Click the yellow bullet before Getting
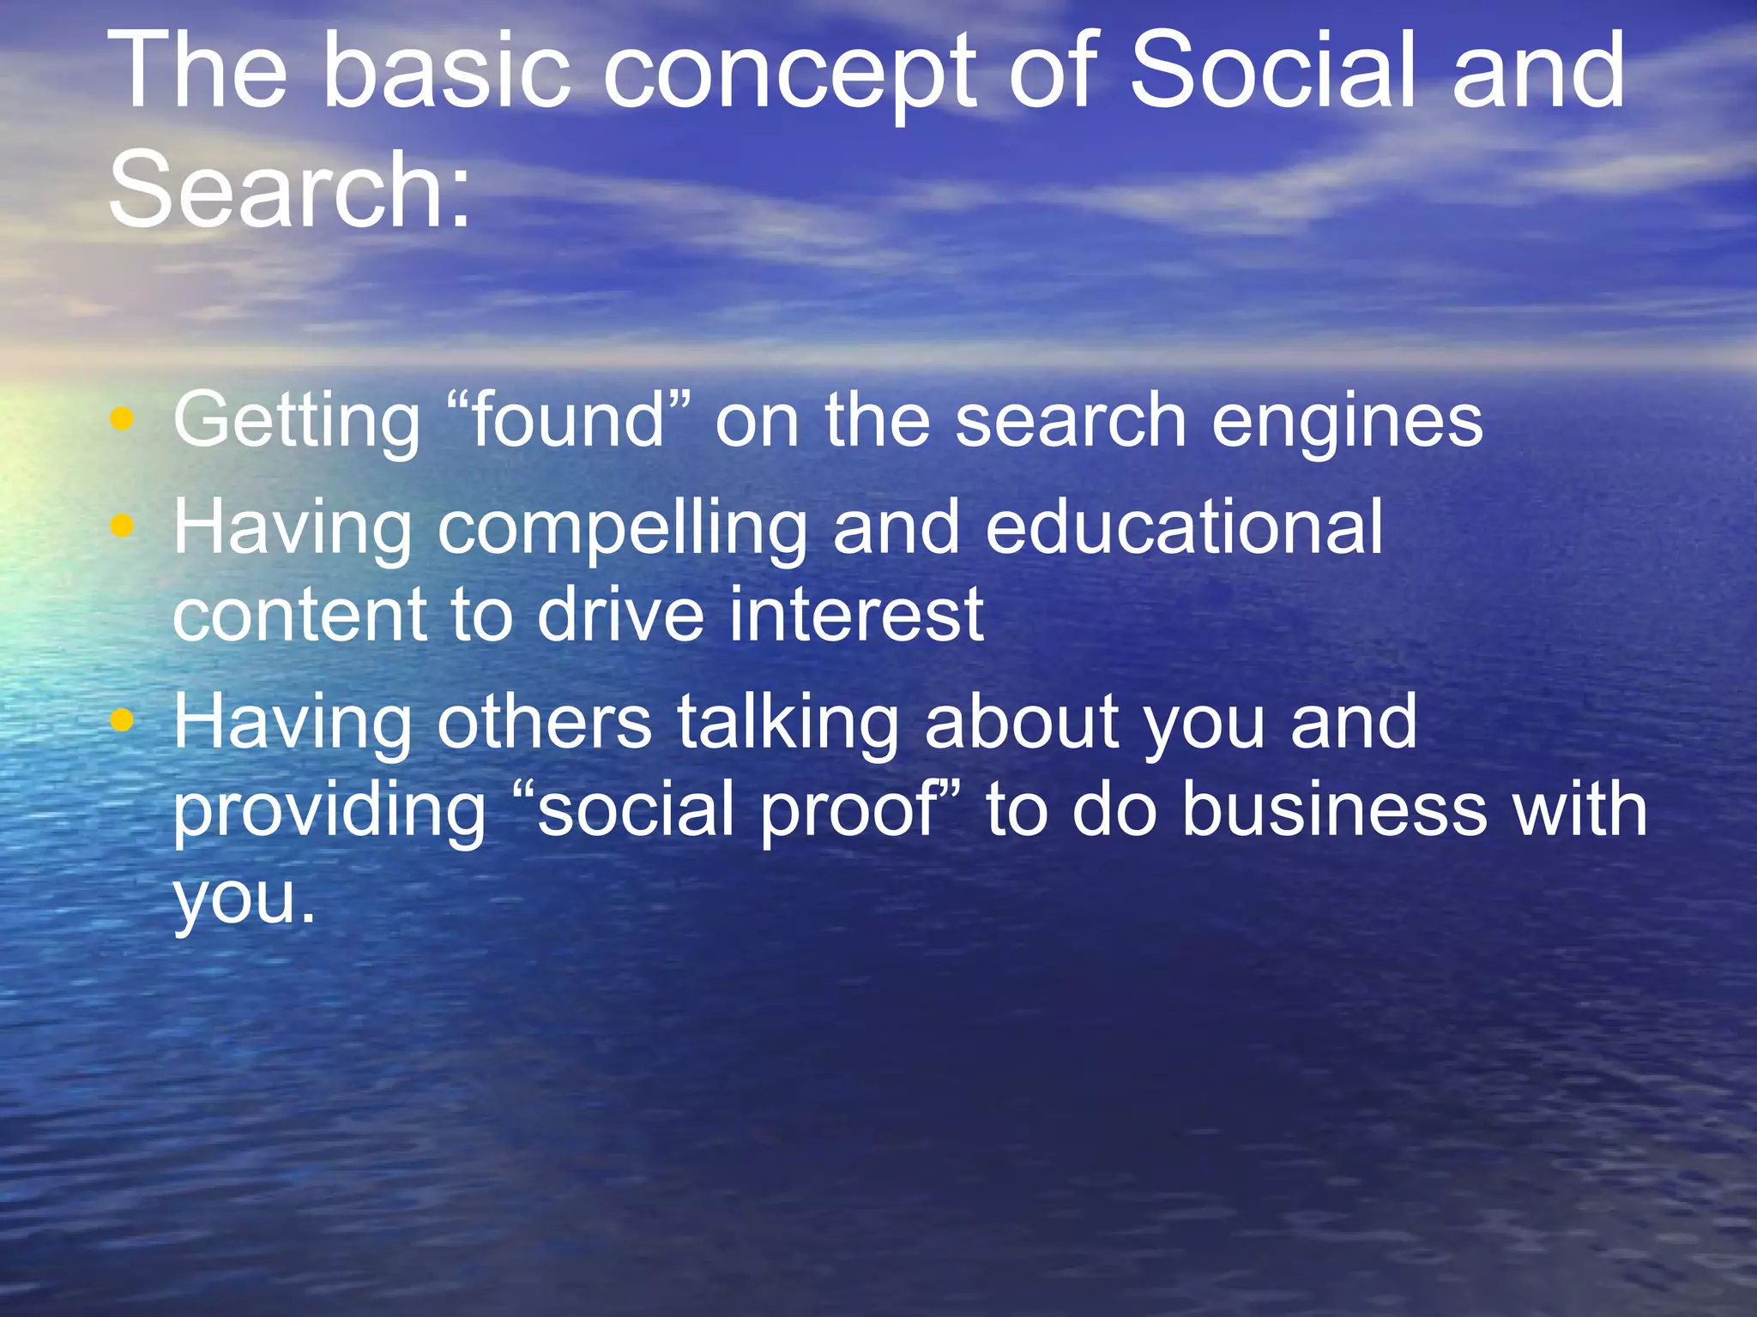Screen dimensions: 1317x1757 123,419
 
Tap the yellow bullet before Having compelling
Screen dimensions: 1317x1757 123,526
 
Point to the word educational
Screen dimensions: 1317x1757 1184,526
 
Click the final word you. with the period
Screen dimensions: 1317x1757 245,900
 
